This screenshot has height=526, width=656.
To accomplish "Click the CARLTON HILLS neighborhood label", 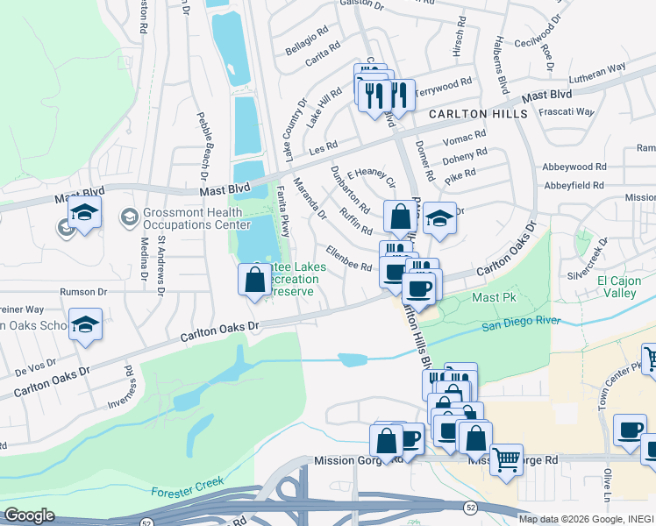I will (477, 114).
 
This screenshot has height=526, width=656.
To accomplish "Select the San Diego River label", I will (521, 322).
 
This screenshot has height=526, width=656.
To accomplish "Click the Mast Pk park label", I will (494, 297).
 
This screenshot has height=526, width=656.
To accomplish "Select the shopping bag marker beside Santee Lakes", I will (254, 280).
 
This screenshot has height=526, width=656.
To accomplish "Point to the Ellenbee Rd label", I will (348, 259).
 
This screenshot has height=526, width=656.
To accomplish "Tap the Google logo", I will (29, 515).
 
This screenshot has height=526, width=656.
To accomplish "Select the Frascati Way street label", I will (566, 112).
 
